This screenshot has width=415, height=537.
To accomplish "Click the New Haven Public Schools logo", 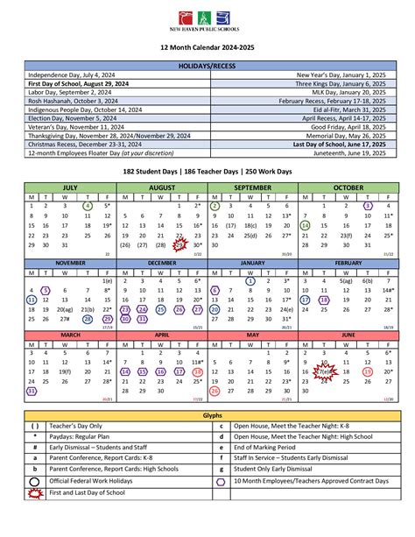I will coord(207,20).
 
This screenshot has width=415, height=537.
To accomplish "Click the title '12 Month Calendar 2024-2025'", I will coord(207,50).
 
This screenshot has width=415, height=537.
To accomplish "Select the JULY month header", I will coord(70,187).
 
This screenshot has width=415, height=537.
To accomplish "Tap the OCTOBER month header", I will coord(348,187).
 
